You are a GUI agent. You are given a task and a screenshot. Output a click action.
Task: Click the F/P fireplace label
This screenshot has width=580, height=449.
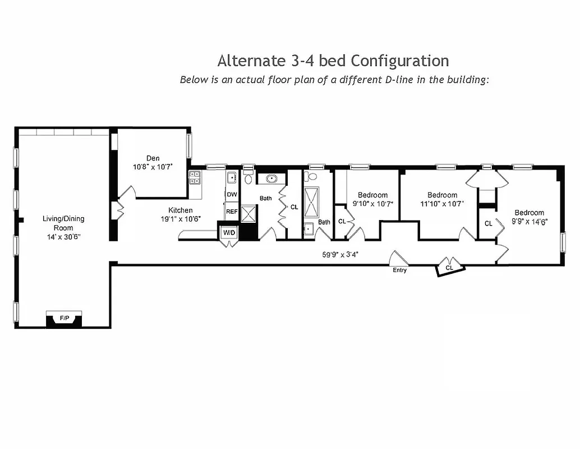pyautogui.click(x=65, y=318)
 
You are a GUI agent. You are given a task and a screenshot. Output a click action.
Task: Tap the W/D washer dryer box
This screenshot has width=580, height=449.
pyautogui.click(x=229, y=232)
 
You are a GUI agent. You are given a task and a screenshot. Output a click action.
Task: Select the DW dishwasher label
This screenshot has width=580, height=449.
pyautogui.click(x=232, y=194)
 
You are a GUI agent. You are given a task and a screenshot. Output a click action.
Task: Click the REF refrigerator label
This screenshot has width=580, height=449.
pyautogui.click(x=232, y=212)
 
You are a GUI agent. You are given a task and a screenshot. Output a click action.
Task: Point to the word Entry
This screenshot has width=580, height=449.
pyautogui.click(x=400, y=270)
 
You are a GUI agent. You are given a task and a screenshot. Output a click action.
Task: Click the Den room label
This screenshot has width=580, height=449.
pyautogui.click(x=153, y=158)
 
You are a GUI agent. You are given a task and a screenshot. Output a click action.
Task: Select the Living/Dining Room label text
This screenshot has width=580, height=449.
pyautogui.click(x=63, y=223)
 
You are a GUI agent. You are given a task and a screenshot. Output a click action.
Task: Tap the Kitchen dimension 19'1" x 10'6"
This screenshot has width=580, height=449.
pyautogui.click(x=181, y=219)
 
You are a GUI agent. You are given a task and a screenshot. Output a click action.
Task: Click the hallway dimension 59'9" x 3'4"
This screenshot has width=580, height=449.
pyautogui.click(x=340, y=254)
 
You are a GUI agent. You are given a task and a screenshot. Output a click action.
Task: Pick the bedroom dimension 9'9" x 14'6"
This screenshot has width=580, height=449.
pyautogui.click(x=529, y=221)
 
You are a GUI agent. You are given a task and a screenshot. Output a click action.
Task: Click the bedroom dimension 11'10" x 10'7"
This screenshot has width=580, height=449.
pyautogui.click(x=442, y=204)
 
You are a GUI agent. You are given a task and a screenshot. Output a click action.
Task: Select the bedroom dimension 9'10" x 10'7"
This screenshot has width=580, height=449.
pyautogui.click(x=372, y=204)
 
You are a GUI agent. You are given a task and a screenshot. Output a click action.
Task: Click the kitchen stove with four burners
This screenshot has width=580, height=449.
pyautogui.click(x=195, y=178)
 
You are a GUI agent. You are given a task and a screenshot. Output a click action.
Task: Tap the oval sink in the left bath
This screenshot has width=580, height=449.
pyautogui.click(x=271, y=179)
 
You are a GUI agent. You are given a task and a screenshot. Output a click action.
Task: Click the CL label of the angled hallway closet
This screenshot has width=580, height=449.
pyautogui.click(x=449, y=268)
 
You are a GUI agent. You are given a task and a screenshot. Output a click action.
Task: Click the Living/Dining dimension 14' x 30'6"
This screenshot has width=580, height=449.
pyautogui.click(x=63, y=237)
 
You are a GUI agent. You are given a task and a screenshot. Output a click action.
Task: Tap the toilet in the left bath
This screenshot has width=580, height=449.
pyautogui.click(x=248, y=179)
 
